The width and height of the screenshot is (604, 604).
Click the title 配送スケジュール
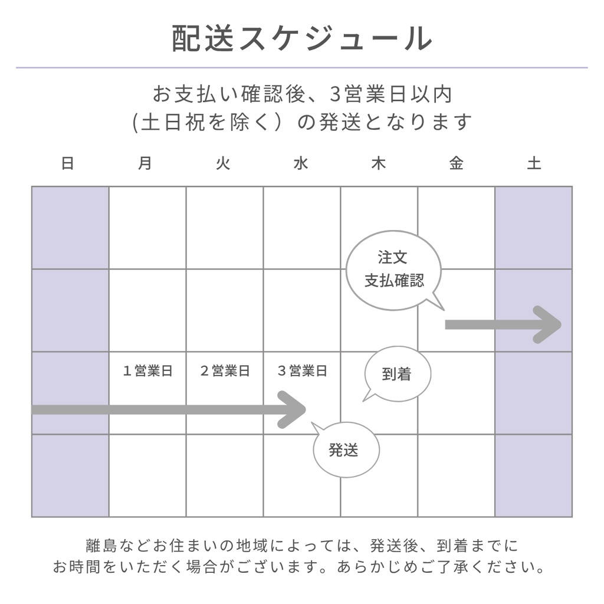302,39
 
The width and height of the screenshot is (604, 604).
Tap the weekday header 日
68,163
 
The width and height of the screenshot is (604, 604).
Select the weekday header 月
145,163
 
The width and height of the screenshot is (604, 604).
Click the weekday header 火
223,163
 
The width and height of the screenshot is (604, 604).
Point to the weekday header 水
301,163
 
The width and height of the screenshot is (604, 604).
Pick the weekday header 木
378,163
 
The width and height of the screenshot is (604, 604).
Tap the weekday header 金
456,163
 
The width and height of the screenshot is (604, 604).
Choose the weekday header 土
534,163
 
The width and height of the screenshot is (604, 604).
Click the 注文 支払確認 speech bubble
393,270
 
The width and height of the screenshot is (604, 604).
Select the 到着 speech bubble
397,374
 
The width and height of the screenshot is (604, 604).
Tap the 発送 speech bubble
346,450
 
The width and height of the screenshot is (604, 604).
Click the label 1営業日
147,371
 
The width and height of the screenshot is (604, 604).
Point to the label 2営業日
225,371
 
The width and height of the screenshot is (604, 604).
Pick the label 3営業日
302,371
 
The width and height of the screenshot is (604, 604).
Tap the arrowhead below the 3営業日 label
292,409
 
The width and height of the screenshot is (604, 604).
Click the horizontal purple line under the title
302,68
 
